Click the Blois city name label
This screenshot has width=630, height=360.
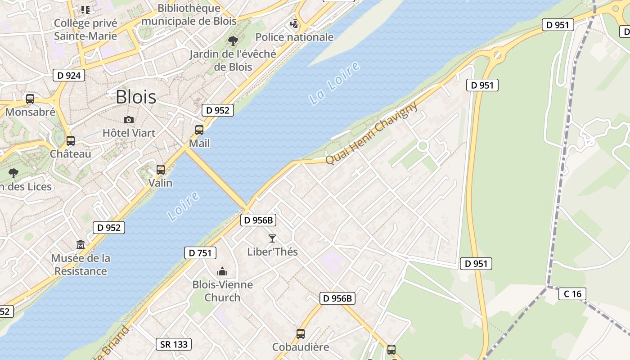[136, 97]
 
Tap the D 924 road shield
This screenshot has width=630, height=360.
[69, 75]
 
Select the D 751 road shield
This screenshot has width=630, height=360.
[200, 253]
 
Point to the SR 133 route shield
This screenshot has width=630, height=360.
[174, 345]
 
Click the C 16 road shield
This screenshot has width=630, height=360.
[572, 294]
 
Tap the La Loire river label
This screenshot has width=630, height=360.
[335, 84]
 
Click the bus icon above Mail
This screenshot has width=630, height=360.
[199, 130]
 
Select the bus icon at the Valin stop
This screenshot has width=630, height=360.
[161, 170]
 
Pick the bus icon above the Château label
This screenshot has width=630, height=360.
[71, 140]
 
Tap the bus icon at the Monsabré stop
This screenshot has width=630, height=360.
[30, 99]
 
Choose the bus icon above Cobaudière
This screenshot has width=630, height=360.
[301, 334]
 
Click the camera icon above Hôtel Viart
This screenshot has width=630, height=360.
[129, 120]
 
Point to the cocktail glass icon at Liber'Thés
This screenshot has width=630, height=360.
[272, 238]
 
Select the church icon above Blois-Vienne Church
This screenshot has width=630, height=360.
[222, 271]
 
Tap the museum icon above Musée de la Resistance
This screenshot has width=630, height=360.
[81, 245]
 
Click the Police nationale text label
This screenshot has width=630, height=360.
[294, 37]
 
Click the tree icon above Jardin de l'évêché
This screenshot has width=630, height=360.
[233, 41]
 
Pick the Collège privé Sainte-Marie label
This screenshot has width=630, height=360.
[85, 30]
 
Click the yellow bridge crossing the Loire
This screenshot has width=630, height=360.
[216, 178]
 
